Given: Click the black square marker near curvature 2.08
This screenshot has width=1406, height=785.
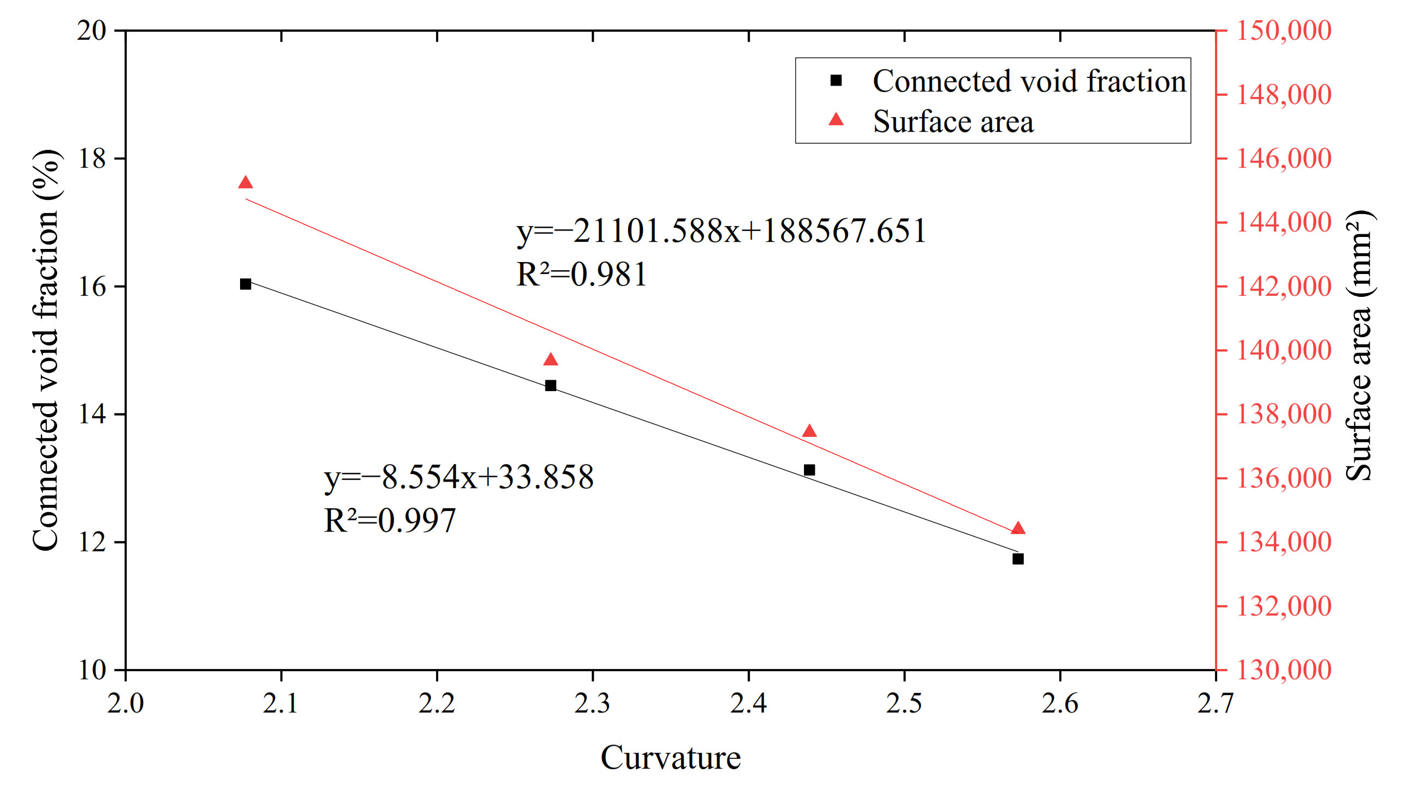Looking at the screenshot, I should [x=245, y=284].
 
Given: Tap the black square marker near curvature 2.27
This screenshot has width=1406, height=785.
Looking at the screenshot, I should [x=551, y=386].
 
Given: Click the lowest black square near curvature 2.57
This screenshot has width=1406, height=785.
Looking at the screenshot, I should [x=1018, y=559].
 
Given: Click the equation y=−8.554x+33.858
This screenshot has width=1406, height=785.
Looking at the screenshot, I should [x=458, y=477].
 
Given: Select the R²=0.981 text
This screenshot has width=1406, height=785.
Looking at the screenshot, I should [x=581, y=274].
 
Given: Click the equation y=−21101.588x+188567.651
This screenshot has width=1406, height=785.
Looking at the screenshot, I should [x=721, y=230].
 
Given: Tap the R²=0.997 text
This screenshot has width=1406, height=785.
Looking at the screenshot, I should [x=390, y=521].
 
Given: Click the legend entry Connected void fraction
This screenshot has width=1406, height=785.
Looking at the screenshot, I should [x=1029, y=81].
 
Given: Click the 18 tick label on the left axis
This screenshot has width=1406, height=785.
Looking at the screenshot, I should [x=91, y=159].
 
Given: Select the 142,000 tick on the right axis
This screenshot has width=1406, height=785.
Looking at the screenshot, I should [x=1283, y=287].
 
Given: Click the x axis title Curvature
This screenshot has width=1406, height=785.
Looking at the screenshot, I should [x=670, y=758].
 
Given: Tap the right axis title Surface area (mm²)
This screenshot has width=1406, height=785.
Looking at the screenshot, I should [x=1360, y=345].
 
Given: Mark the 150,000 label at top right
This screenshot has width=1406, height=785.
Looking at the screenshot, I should [x=1283, y=31].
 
